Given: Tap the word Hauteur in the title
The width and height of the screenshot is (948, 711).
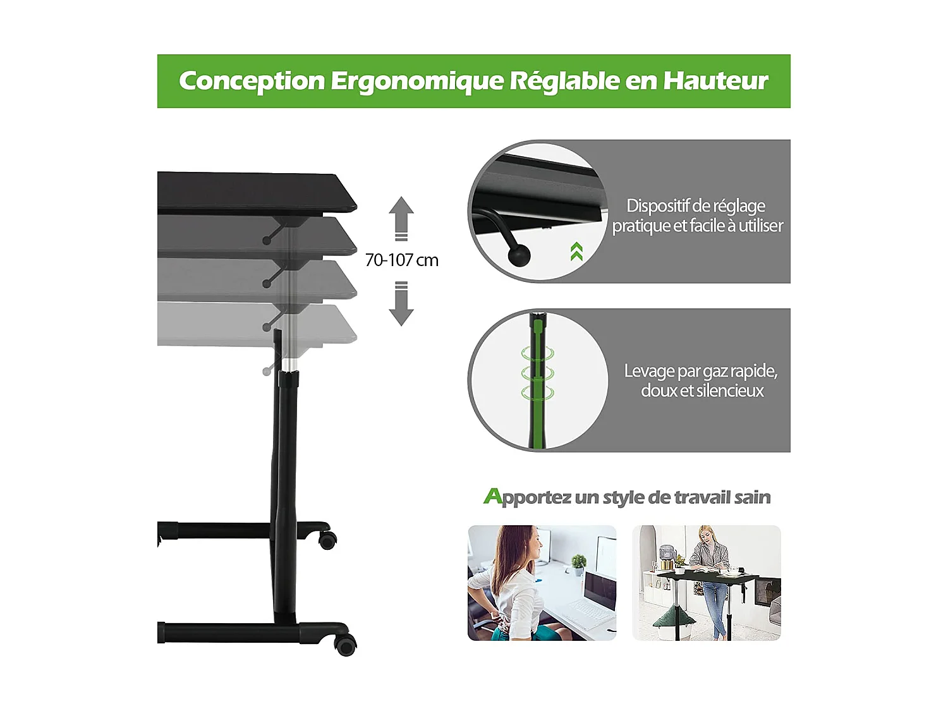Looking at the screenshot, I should (715, 81).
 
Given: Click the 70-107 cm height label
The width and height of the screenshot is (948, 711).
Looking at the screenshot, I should (401, 260).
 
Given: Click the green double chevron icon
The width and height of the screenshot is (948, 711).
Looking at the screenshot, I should (576, 252).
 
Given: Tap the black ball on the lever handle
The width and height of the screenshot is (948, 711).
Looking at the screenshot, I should (520, 255).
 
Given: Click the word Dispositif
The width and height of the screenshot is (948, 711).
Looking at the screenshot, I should (657, 206).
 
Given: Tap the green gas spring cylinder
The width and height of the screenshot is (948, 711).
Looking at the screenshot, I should (538, 379).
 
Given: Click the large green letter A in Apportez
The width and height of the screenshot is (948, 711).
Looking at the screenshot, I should (492, 496).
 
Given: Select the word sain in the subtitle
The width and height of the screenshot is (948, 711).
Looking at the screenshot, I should (753, 497).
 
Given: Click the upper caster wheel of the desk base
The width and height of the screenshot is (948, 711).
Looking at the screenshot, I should (327, 540).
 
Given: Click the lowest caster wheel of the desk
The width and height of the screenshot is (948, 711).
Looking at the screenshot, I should (346, 646).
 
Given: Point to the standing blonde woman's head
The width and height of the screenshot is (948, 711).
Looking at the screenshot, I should (705, 535).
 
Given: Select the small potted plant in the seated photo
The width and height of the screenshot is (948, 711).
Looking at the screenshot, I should (578, 562).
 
